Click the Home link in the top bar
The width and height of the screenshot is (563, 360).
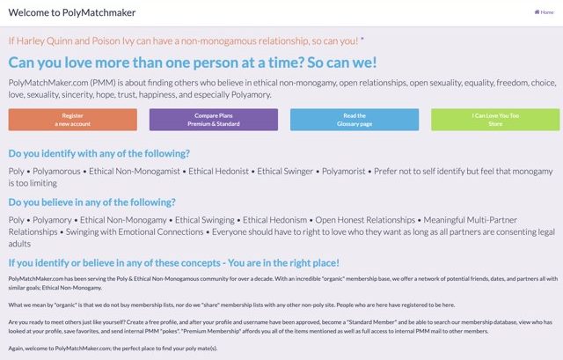click(x=544, y=12)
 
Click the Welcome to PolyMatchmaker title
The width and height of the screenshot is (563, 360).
click(x=72, y=12)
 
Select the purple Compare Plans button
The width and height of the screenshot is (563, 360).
click(x=214, y=120)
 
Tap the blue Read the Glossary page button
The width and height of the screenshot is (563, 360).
click(x=355, y=120)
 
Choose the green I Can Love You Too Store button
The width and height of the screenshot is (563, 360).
click(x=495, y=120)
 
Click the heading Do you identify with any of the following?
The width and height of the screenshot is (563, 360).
click(x=99, y=153)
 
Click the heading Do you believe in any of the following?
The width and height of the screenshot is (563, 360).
click(x=91, y=202)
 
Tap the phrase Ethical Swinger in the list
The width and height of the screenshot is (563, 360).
click(x=285, y=172)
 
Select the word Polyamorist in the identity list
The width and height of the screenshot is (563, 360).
click(x=344, y=172)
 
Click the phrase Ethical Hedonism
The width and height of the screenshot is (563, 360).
click(x=274, y=220)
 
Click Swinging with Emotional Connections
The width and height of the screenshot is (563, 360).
click(x=135, y=232)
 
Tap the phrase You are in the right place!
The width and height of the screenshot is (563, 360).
click(x=283, y=263)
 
